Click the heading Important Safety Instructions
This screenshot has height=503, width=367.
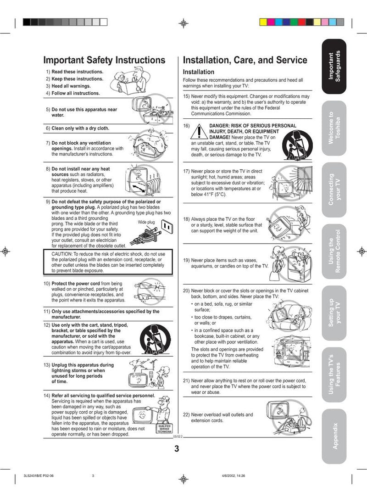tap(104, 60)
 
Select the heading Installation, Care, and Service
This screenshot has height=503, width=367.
tap(245, 60)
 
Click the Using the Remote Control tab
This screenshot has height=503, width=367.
tap(334, 251)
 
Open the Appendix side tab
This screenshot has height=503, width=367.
tap(334, 436)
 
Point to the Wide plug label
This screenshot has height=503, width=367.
tap(146, 222)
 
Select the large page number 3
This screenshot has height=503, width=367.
tap(177, 449)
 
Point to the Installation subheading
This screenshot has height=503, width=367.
tap(199, 72)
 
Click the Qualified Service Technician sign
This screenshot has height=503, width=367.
tap(164, 429)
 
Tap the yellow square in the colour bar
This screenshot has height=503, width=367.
tap(263, 22)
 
